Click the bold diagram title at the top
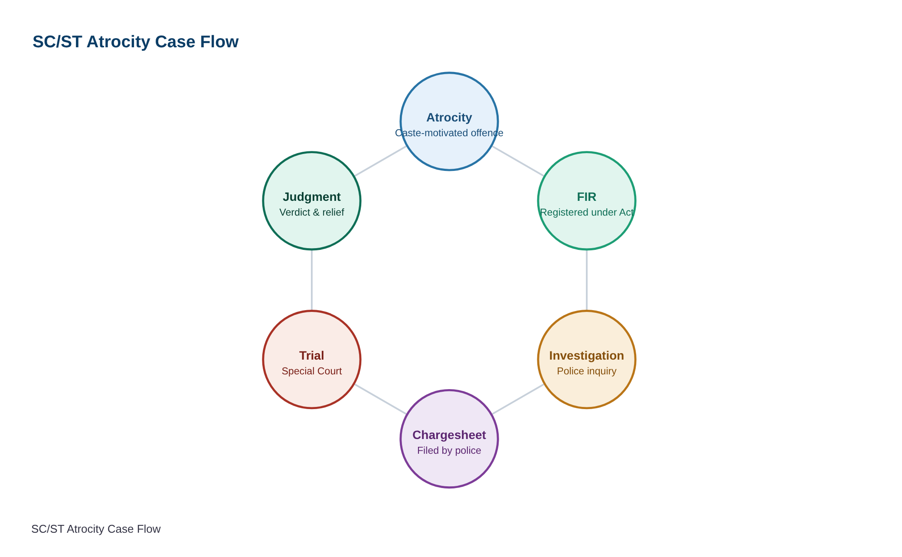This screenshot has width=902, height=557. (135, 42)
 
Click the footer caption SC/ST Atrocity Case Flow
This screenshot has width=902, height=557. (96, 529)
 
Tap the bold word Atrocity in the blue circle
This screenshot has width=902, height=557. (449, 118)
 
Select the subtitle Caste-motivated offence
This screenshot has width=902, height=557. (449, 133)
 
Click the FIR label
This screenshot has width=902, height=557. (587, 197)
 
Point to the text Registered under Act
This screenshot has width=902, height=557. (587, 212)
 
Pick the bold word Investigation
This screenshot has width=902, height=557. (587, 356)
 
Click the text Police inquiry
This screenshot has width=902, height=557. (587, 371)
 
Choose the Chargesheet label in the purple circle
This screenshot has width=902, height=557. (449, 435)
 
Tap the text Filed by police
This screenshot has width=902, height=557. (449, 450)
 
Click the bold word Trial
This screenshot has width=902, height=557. (312, 356)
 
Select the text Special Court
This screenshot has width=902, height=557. (312, 371)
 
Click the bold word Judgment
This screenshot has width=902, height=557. (312, 197)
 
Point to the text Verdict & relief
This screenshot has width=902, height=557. (312, 212)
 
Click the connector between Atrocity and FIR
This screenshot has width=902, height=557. (518, 161)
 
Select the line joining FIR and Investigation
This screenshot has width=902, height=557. (587, 280)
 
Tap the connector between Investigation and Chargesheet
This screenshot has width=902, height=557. (518, 399)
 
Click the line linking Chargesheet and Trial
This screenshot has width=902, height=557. (380, 399)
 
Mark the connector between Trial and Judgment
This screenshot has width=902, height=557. (312, 280)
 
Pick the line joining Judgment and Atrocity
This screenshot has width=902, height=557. (380, 161)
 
